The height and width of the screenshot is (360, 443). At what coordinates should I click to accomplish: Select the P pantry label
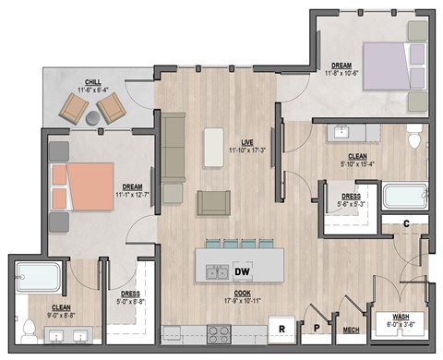[x=315, y=328]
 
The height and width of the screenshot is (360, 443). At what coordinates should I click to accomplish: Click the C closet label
[x=407, y=222]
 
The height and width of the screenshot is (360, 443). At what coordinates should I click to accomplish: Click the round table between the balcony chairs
[x=93, y=117]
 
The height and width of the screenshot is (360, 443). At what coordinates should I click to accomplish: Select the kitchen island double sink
[x=218, y=271]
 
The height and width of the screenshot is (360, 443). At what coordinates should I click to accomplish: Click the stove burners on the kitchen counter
[x=220, y=334]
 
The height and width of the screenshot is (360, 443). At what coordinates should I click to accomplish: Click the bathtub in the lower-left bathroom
[x=40, y=277]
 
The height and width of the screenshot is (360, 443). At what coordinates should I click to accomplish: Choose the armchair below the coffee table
[x=214, y=201]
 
